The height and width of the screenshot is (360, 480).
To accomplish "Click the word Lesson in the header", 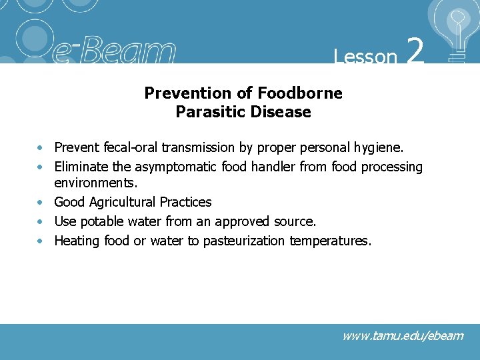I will pos(365,57).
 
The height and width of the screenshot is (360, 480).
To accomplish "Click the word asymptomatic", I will pos(175,167).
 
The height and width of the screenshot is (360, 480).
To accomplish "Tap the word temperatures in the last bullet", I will pos(330,241).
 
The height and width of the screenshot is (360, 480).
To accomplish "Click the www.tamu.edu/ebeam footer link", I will pos(402,335).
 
